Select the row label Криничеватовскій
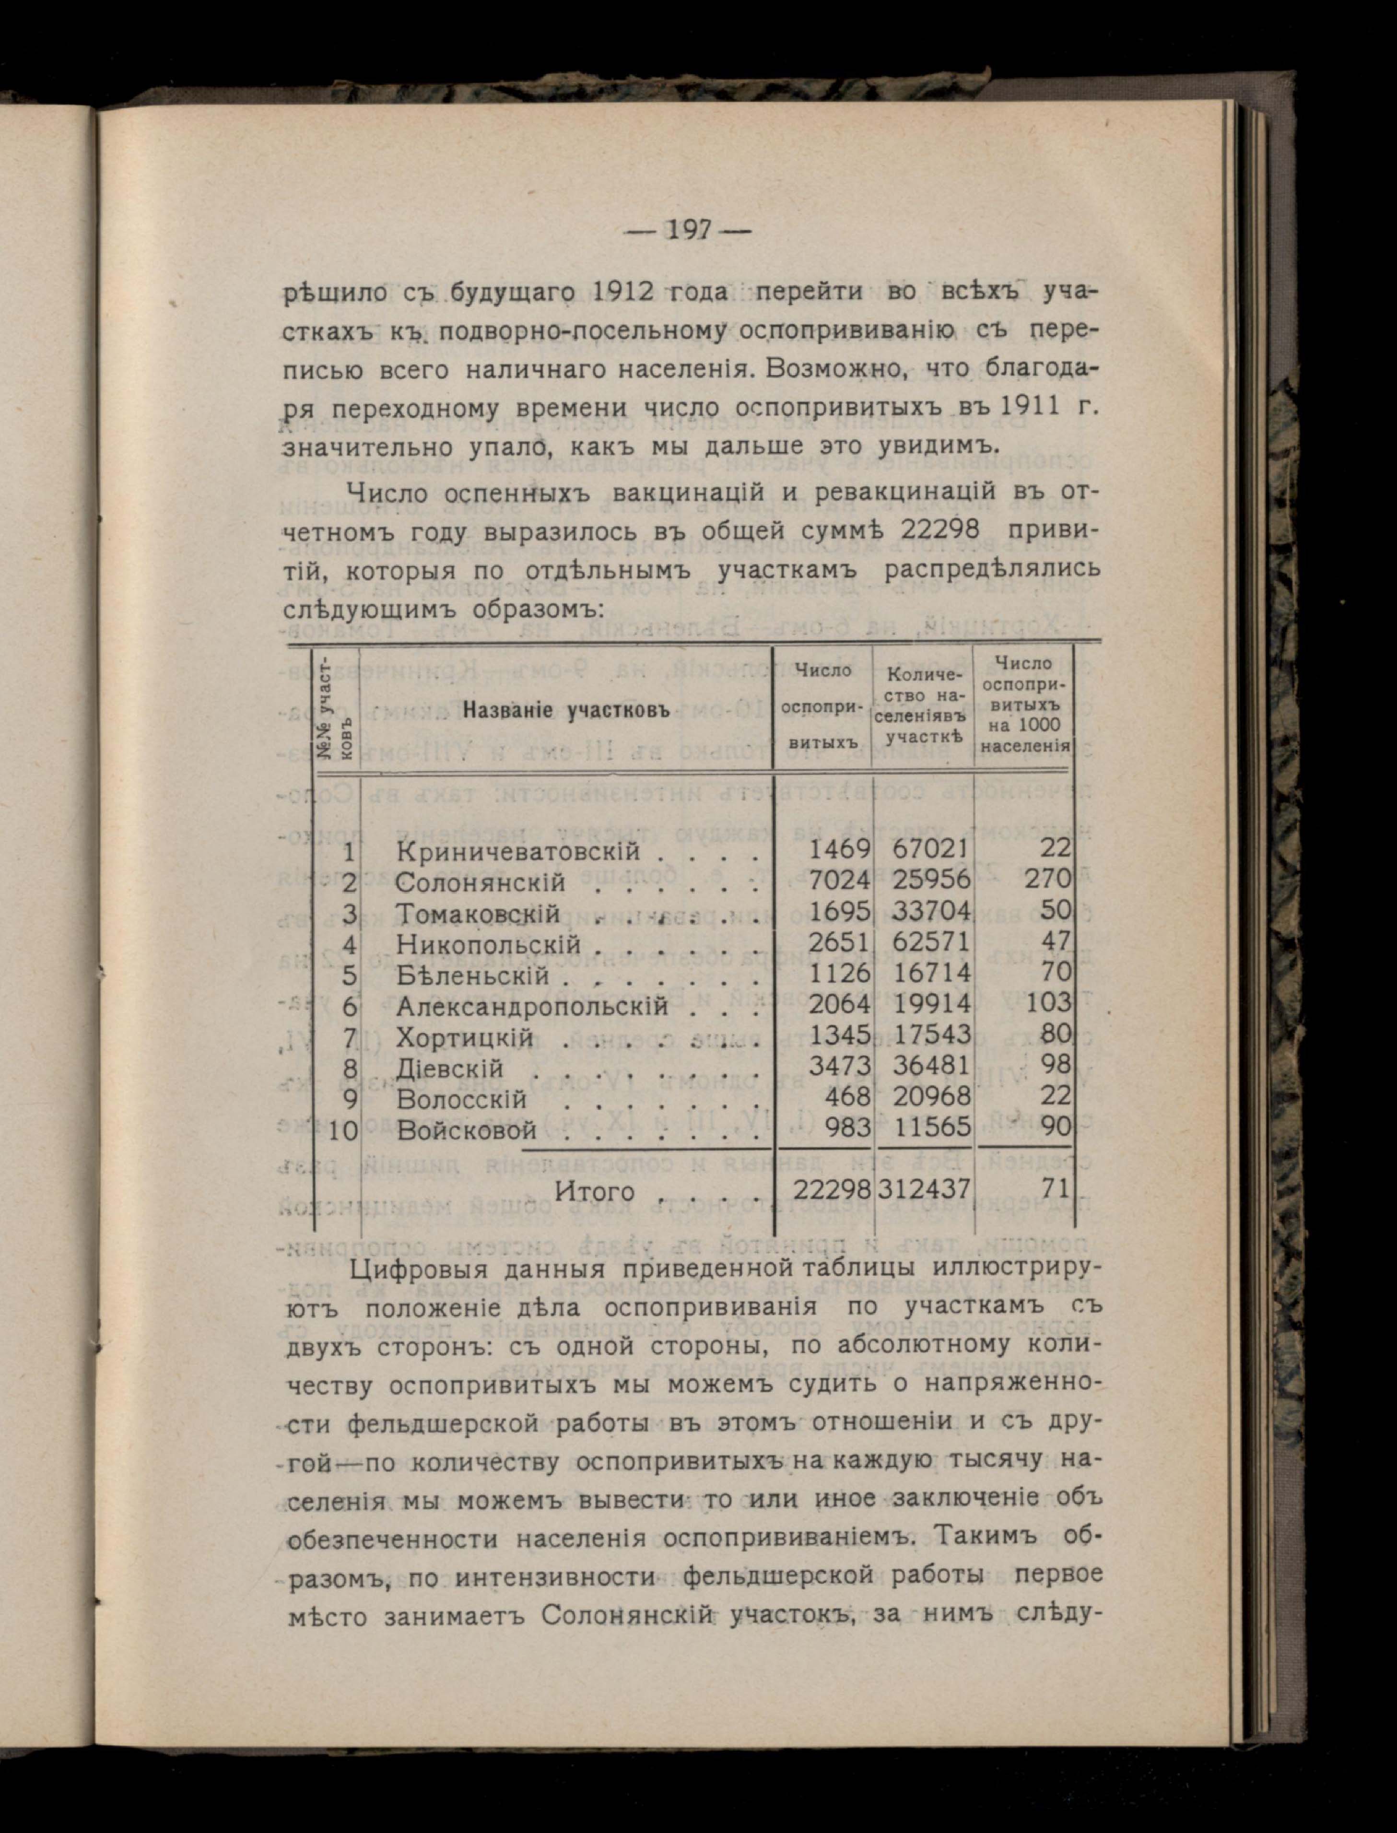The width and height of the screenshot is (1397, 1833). point(519,851)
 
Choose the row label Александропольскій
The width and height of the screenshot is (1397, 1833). point(532,1006)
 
